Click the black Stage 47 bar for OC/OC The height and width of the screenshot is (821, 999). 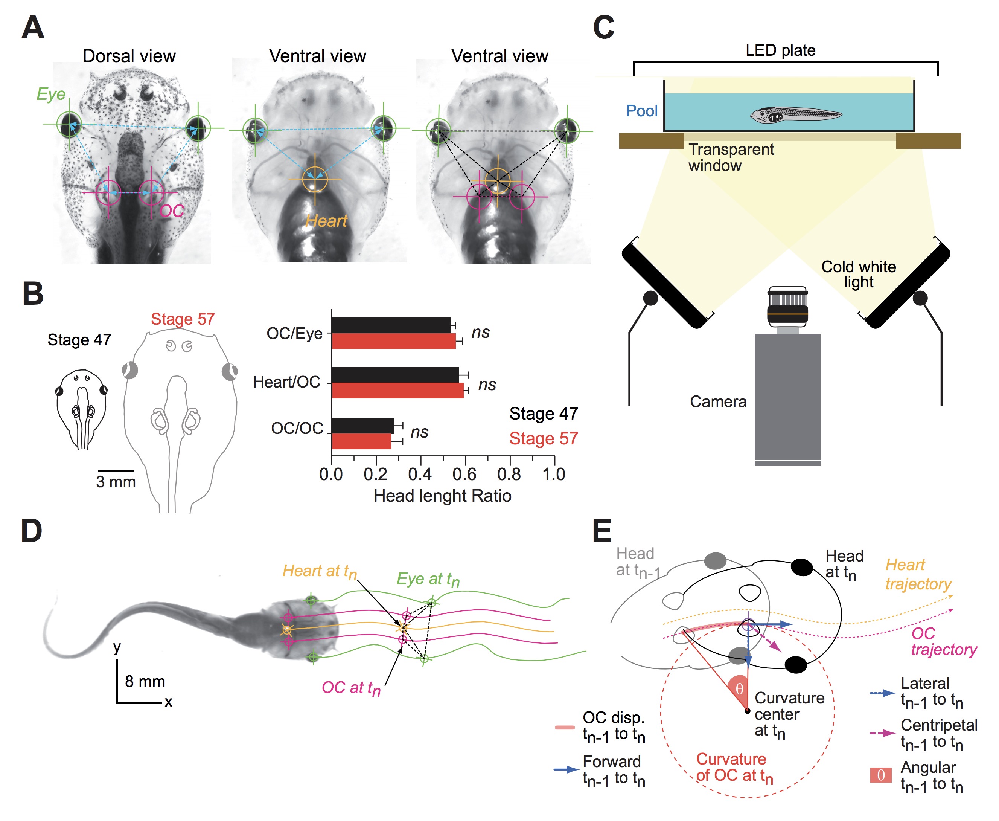pyautogui.click(x=362, y=426)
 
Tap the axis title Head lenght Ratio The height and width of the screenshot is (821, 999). pyautogui.click(x=442, y=496)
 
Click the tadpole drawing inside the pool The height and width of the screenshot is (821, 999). pyautogui.click(x=795, y=114)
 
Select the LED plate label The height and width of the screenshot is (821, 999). pyautogui.click(x=780, y=50)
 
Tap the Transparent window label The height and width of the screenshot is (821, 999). pyautogui.click(x=730, y=157)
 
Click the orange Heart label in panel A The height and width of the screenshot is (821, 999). pyautogui.click(x=326, y=221)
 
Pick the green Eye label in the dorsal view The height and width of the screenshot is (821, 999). pyautogui.click(x=51, y=94)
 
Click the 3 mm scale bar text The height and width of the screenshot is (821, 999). pyautogui.click(x=116, y=482)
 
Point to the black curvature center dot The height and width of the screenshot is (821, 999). pyautogui.click(x=747, y=711)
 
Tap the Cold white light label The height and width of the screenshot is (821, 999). pyautogui.click(x=858, y=274)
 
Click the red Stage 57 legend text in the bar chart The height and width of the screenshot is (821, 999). pyautogui.click(x=544, y=438)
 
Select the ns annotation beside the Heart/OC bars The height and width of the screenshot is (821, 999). pyautogui.click(x=487, y=385)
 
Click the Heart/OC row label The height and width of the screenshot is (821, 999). pyautogui.click(x=286, y=382)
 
